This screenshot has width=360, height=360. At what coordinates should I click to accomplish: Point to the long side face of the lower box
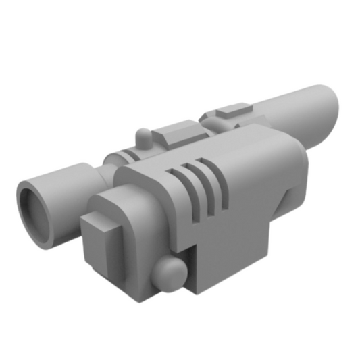pyautogui.click(x=230, y=257)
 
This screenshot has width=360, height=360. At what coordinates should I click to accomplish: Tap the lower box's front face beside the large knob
pyautogui.click(x=145, y=263)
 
